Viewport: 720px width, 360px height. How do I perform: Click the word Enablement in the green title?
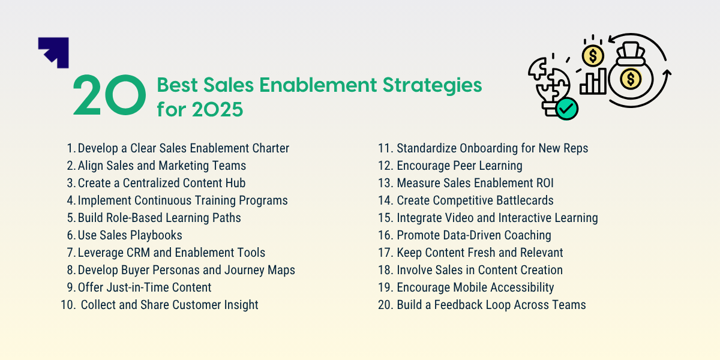314,85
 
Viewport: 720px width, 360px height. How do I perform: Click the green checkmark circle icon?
567,109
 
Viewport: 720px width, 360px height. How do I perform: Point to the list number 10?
67,305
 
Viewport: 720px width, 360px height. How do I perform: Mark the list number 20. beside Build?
385,305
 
